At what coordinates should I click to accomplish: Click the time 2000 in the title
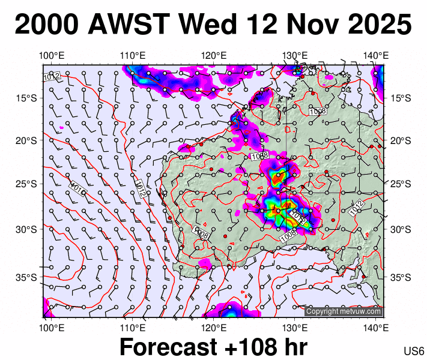(x=47, y=25)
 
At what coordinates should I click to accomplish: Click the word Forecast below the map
(x=170, y=347)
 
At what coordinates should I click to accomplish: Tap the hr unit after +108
(x=294, y=347)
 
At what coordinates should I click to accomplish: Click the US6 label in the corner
(x=414, y=351)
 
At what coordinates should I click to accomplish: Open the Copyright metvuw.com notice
(x=343, y=311)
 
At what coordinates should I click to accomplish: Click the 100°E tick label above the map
(x=52, y=56)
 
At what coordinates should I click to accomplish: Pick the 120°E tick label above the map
(x=214, y=56)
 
